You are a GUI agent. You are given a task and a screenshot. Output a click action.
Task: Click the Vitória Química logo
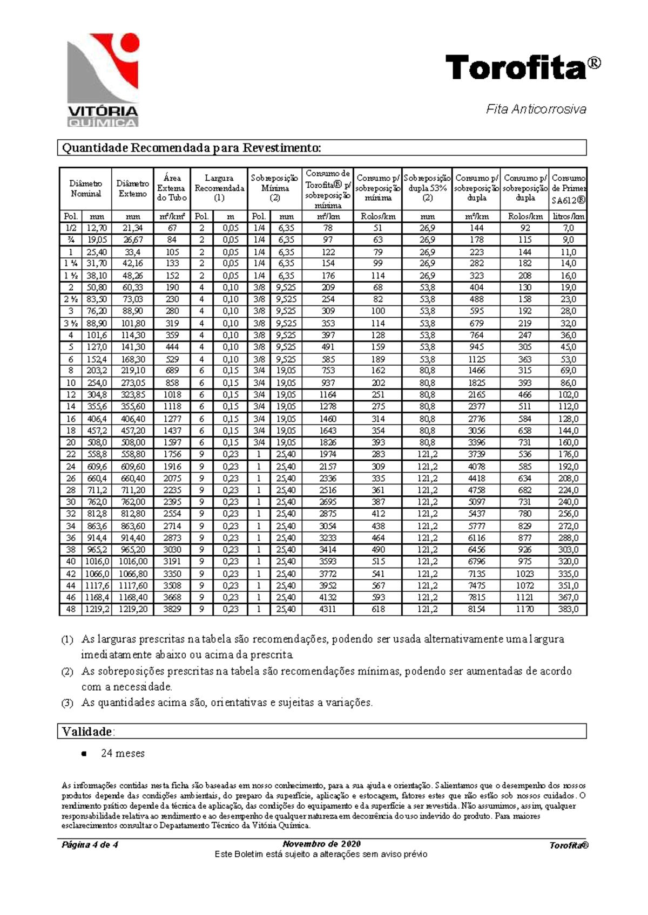pos(103,79)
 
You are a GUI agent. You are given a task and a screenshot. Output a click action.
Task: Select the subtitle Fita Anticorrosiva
pos(536,110)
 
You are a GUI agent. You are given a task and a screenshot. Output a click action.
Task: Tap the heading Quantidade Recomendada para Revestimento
pos(192,148)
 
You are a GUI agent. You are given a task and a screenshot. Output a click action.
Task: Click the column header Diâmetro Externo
pos(132,189)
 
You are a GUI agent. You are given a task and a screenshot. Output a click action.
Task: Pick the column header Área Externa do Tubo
pos(172,188)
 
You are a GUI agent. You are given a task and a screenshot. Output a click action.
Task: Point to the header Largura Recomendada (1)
pos(219,188)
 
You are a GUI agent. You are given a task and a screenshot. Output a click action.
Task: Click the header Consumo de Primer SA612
pos(568,189)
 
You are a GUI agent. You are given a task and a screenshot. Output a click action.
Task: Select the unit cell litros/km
pos(568,216)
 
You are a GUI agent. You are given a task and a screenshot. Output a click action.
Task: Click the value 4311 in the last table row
pos(327,609)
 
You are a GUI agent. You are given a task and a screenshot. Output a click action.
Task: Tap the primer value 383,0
pos(568,609)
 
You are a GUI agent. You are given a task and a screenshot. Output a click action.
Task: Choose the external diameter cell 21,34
pos(132,228)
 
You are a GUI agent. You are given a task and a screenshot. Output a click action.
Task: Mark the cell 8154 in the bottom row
pos(476,609)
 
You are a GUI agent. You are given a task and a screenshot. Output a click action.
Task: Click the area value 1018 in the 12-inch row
pos(172,395)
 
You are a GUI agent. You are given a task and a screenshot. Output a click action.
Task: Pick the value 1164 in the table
pos(327,395)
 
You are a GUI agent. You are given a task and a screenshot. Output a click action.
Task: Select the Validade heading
pos(88,732)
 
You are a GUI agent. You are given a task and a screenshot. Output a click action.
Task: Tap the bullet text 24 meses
pos(123,754)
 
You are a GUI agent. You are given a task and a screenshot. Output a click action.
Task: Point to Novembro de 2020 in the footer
pos(321,844)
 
